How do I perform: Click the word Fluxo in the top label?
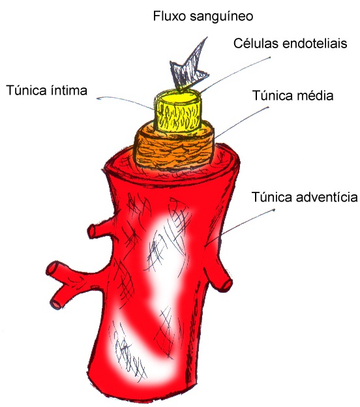[x=169, y=16]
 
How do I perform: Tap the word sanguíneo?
[x=221, y=16]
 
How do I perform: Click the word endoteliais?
[x=315, y=43]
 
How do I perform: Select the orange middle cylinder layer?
[x=174, y=151]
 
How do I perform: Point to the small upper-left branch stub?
[x=100, y=230]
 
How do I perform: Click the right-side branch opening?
[x=226, y=285]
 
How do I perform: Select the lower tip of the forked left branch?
[x=55, y=303]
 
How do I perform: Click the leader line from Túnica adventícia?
[x=239, y=228]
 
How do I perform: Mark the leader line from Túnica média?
[x=242, y=123]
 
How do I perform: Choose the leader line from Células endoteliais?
[x=235, y=75]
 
